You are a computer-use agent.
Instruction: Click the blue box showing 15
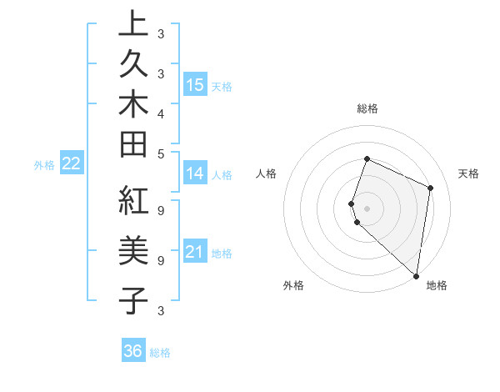195,84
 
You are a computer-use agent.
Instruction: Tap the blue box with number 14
195,173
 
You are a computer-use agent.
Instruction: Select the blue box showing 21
195,252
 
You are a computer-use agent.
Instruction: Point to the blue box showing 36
133,351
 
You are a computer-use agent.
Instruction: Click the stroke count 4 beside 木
160,113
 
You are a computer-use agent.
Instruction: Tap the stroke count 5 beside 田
160,153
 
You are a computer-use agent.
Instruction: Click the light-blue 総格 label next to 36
160,353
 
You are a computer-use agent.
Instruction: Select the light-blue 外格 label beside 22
44,165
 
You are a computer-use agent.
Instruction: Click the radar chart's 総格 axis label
367,108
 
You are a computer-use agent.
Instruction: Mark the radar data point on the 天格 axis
431,188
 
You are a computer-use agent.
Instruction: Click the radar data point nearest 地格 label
416,275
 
